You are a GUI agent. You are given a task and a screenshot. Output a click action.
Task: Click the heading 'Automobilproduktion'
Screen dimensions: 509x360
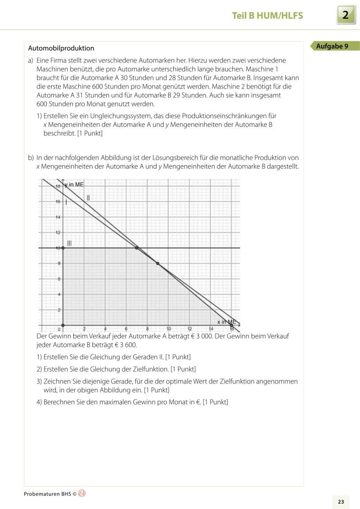(61, 48)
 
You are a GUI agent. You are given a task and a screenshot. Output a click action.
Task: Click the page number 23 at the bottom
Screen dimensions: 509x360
(341, 501)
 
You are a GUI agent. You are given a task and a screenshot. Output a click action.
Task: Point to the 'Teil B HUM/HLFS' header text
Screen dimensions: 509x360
(267, 16)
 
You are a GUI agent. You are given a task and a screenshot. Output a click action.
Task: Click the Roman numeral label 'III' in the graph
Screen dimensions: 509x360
(69, 243)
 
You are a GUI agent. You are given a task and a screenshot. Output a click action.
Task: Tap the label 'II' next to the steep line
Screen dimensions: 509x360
(88, 197)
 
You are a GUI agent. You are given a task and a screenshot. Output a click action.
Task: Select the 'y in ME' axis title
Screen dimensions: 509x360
(74, 185)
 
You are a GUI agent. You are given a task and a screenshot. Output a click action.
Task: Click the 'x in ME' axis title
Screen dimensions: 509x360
(226, 322)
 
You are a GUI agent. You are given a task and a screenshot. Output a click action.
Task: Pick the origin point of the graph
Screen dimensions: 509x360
(63, 325)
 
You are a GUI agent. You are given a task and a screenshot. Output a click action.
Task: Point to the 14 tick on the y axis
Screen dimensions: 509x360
(58, 217)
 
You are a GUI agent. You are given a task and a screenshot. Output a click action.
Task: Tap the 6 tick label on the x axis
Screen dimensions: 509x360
(126, 329)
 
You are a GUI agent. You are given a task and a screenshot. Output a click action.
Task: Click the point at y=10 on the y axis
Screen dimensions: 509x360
(63, 248)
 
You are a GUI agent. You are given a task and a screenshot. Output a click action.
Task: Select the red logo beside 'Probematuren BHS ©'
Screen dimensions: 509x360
(81, 493)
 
